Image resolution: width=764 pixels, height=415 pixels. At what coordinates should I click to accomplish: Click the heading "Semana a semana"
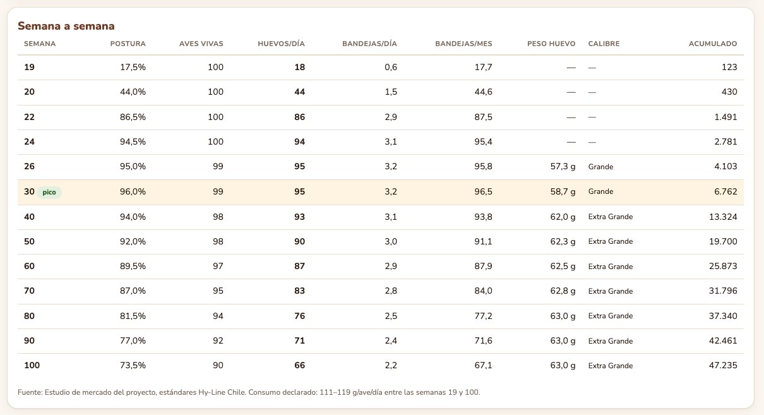coord(66,26)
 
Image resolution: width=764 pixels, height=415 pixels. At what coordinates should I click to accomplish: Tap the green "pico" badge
coord(49,192)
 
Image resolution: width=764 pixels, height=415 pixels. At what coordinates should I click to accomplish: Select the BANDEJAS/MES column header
coord(463,44)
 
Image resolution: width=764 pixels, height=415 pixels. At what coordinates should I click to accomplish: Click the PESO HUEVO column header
coord(551,44)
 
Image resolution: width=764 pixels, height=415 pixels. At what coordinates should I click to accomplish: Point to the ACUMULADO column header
coord(713,44)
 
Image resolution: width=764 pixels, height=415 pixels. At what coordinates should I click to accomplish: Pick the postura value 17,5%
coord(133,67)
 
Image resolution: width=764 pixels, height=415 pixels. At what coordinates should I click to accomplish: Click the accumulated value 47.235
coord(723,365)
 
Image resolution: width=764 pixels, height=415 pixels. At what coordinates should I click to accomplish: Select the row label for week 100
coord(32,365)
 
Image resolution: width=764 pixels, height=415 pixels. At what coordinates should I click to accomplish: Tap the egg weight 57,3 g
coord(563,167)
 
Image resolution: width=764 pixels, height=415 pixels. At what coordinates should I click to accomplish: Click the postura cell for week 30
coord(133,191)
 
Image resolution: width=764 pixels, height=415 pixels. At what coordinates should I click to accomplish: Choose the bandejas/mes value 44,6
coord(483,92)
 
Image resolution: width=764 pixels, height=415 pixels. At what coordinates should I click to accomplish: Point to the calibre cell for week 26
coord(600,167)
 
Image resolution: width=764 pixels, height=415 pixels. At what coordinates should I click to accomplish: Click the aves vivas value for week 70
coord(218,291)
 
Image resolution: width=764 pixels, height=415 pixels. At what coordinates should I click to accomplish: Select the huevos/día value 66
coord(299,365)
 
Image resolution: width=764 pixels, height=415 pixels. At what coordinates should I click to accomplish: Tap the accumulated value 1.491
coord(726,117)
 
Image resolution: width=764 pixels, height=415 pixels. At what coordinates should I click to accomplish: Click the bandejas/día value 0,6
coord(391,67)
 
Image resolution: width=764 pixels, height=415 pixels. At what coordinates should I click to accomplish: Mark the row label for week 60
coord(29,266)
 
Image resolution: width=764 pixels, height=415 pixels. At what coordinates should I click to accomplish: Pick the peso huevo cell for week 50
coord(563,242)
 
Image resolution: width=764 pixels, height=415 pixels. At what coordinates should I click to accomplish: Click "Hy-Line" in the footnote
coord(212,392)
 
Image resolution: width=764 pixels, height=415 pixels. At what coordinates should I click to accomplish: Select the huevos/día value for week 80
coord(299,316)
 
